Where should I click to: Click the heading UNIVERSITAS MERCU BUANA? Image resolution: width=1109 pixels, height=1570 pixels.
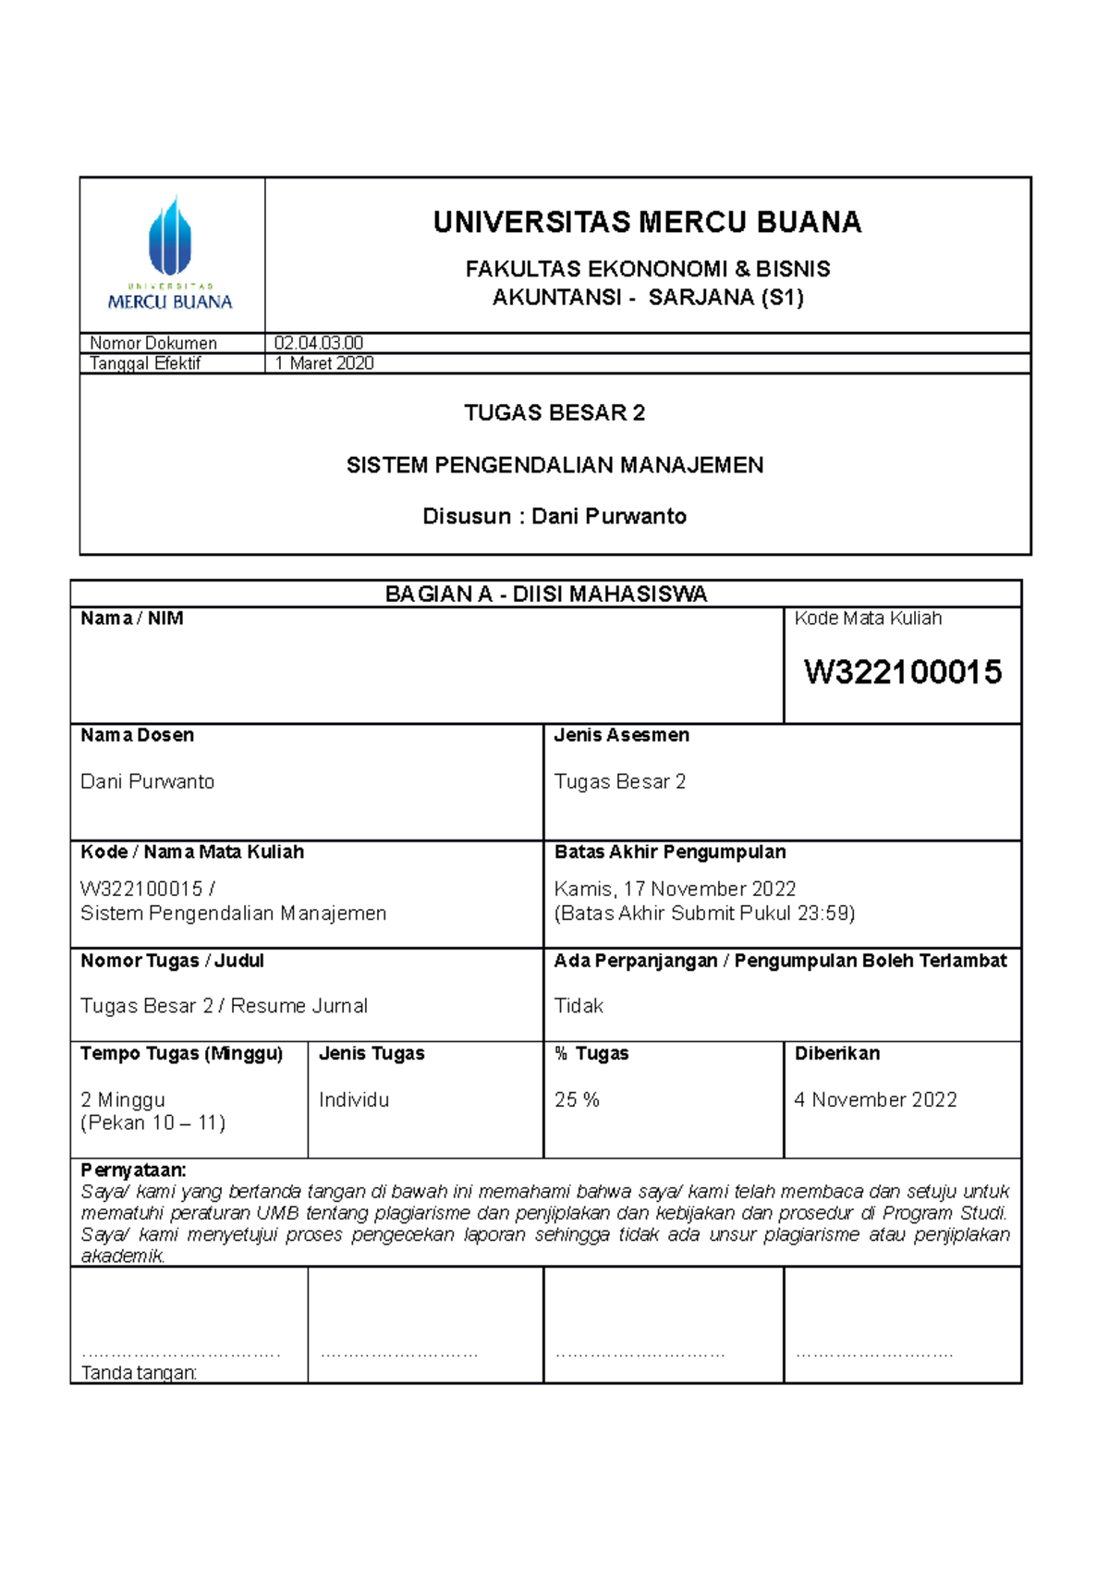[647, 223]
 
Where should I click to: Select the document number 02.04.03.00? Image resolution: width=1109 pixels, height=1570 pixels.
[318, 343]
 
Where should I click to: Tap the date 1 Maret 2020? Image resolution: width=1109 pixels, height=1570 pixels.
[323, 363]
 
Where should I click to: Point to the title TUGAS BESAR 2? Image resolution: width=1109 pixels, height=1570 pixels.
[554, 413]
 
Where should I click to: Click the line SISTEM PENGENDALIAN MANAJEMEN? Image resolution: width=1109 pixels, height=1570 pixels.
[554, 465]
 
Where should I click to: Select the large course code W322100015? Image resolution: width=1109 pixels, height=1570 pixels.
[902, 672]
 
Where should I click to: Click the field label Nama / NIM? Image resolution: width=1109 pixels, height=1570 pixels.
[131, 619]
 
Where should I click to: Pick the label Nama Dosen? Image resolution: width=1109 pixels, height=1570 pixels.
[137, 735]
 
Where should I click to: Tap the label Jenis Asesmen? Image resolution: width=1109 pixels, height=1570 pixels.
[621, 735]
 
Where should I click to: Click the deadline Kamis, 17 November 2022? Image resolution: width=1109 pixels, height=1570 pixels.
[675, 889]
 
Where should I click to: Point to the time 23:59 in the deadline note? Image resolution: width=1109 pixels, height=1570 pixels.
[824, 914]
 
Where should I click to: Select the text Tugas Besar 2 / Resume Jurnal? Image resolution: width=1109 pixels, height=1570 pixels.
[224, 1006]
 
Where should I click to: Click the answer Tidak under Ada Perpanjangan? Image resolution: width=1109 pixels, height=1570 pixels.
[579, 1006]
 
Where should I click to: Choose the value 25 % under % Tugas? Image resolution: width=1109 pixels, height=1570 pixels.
[577, 1100]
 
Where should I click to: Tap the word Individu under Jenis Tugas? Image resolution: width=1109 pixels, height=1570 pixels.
[354, 1100]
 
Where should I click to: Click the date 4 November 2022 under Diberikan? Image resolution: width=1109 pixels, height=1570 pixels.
[875, 1100]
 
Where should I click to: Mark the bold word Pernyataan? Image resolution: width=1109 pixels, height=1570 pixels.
[133, 1170]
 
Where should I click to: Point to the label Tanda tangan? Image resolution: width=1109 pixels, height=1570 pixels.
[139, 1373]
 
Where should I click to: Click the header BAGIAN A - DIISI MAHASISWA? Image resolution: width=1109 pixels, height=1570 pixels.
[545, 595]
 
